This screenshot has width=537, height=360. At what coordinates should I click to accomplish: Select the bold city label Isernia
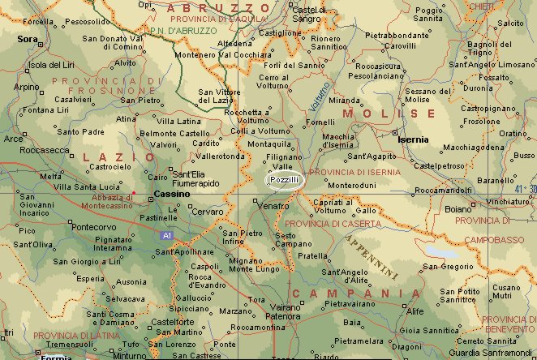coord(413,139)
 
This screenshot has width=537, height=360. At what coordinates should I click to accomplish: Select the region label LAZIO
coord(115,156)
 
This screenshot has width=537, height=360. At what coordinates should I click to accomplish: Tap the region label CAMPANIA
coord(356,293)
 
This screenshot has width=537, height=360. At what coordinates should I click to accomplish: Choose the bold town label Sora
coord(28,38)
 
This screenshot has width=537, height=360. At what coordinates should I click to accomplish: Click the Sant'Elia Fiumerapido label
coord(194,178)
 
